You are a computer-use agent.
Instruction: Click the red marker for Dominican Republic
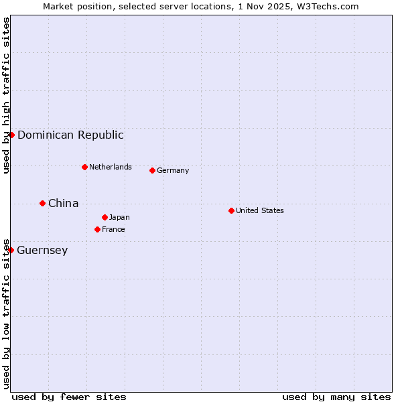point(11,135)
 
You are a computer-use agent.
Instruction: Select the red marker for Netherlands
point(84,167)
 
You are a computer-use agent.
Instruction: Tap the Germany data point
point(152,170)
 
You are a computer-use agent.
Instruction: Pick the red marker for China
point(42,203)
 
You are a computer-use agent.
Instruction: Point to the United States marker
point(231,210)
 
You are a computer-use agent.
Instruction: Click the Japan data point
point(105,217)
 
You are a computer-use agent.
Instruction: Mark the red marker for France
point(97,229)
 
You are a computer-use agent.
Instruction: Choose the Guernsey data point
point(11,250)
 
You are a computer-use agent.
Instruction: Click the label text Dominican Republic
point(70,135)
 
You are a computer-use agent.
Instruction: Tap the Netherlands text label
point(110,167)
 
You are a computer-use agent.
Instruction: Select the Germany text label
point(173,170)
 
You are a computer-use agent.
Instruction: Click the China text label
point(63,203)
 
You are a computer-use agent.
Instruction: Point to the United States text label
point(259,210)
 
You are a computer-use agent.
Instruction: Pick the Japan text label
point(119,217)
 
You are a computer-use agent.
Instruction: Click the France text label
point(113,229)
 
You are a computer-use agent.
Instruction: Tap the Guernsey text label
point(42,250)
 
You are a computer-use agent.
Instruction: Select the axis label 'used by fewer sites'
point(69,397)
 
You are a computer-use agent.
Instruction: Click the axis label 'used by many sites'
point(336,397)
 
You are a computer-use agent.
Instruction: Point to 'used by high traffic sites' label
point(6,96)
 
